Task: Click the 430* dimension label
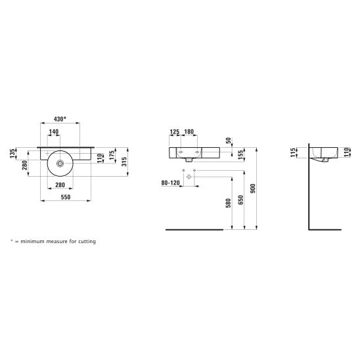coord(60,119)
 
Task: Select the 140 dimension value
coord(54,132)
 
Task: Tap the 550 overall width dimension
coord(66,197)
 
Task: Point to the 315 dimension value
coord(124,162)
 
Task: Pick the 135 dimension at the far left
coord(12,153)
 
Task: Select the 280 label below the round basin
coord(60,185)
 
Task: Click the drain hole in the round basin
coord(60,164)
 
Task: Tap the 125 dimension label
coord(175,132)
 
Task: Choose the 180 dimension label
coord(189,132)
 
